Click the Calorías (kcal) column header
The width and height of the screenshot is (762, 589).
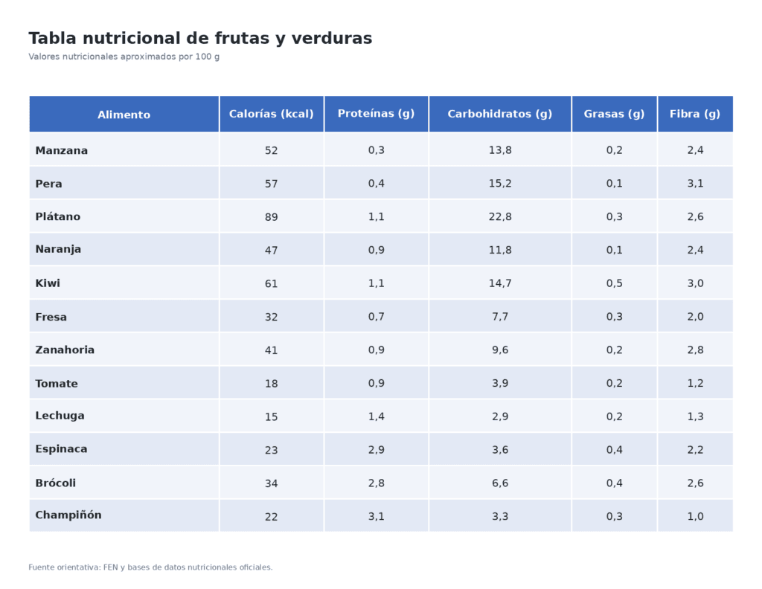[271, 114]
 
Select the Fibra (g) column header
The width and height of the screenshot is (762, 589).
[694, 114]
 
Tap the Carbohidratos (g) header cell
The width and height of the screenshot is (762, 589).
[499, 114]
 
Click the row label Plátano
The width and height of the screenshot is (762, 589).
[57, 216]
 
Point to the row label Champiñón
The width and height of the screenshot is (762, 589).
[68, 515]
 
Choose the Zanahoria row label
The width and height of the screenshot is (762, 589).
[65, 350]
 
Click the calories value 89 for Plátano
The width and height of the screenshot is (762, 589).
[271, 217]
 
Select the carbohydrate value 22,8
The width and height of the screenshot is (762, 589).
[499, 217]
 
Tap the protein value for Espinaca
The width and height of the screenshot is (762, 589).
[376, 450]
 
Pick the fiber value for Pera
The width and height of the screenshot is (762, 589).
[694, 184]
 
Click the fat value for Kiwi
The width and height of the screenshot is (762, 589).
[614, 283]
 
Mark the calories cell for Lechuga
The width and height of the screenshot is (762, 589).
[271, 417]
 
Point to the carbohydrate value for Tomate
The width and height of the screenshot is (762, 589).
[499, 384]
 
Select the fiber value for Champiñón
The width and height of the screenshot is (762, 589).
[694, 516]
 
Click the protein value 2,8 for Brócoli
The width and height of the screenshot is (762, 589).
[376, 483]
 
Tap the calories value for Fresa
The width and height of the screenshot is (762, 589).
[271, 317]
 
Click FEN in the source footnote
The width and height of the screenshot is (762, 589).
[111, 567]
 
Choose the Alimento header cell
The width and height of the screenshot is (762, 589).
[124, 115]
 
